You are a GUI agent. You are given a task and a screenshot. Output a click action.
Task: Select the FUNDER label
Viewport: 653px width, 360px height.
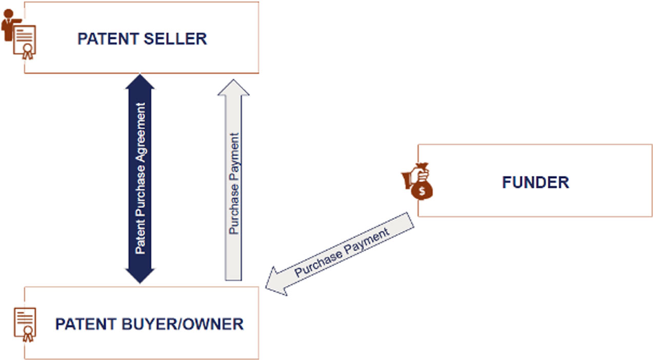point(535,182)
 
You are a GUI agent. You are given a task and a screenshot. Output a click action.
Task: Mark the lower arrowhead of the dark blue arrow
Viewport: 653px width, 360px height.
point(140,274)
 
